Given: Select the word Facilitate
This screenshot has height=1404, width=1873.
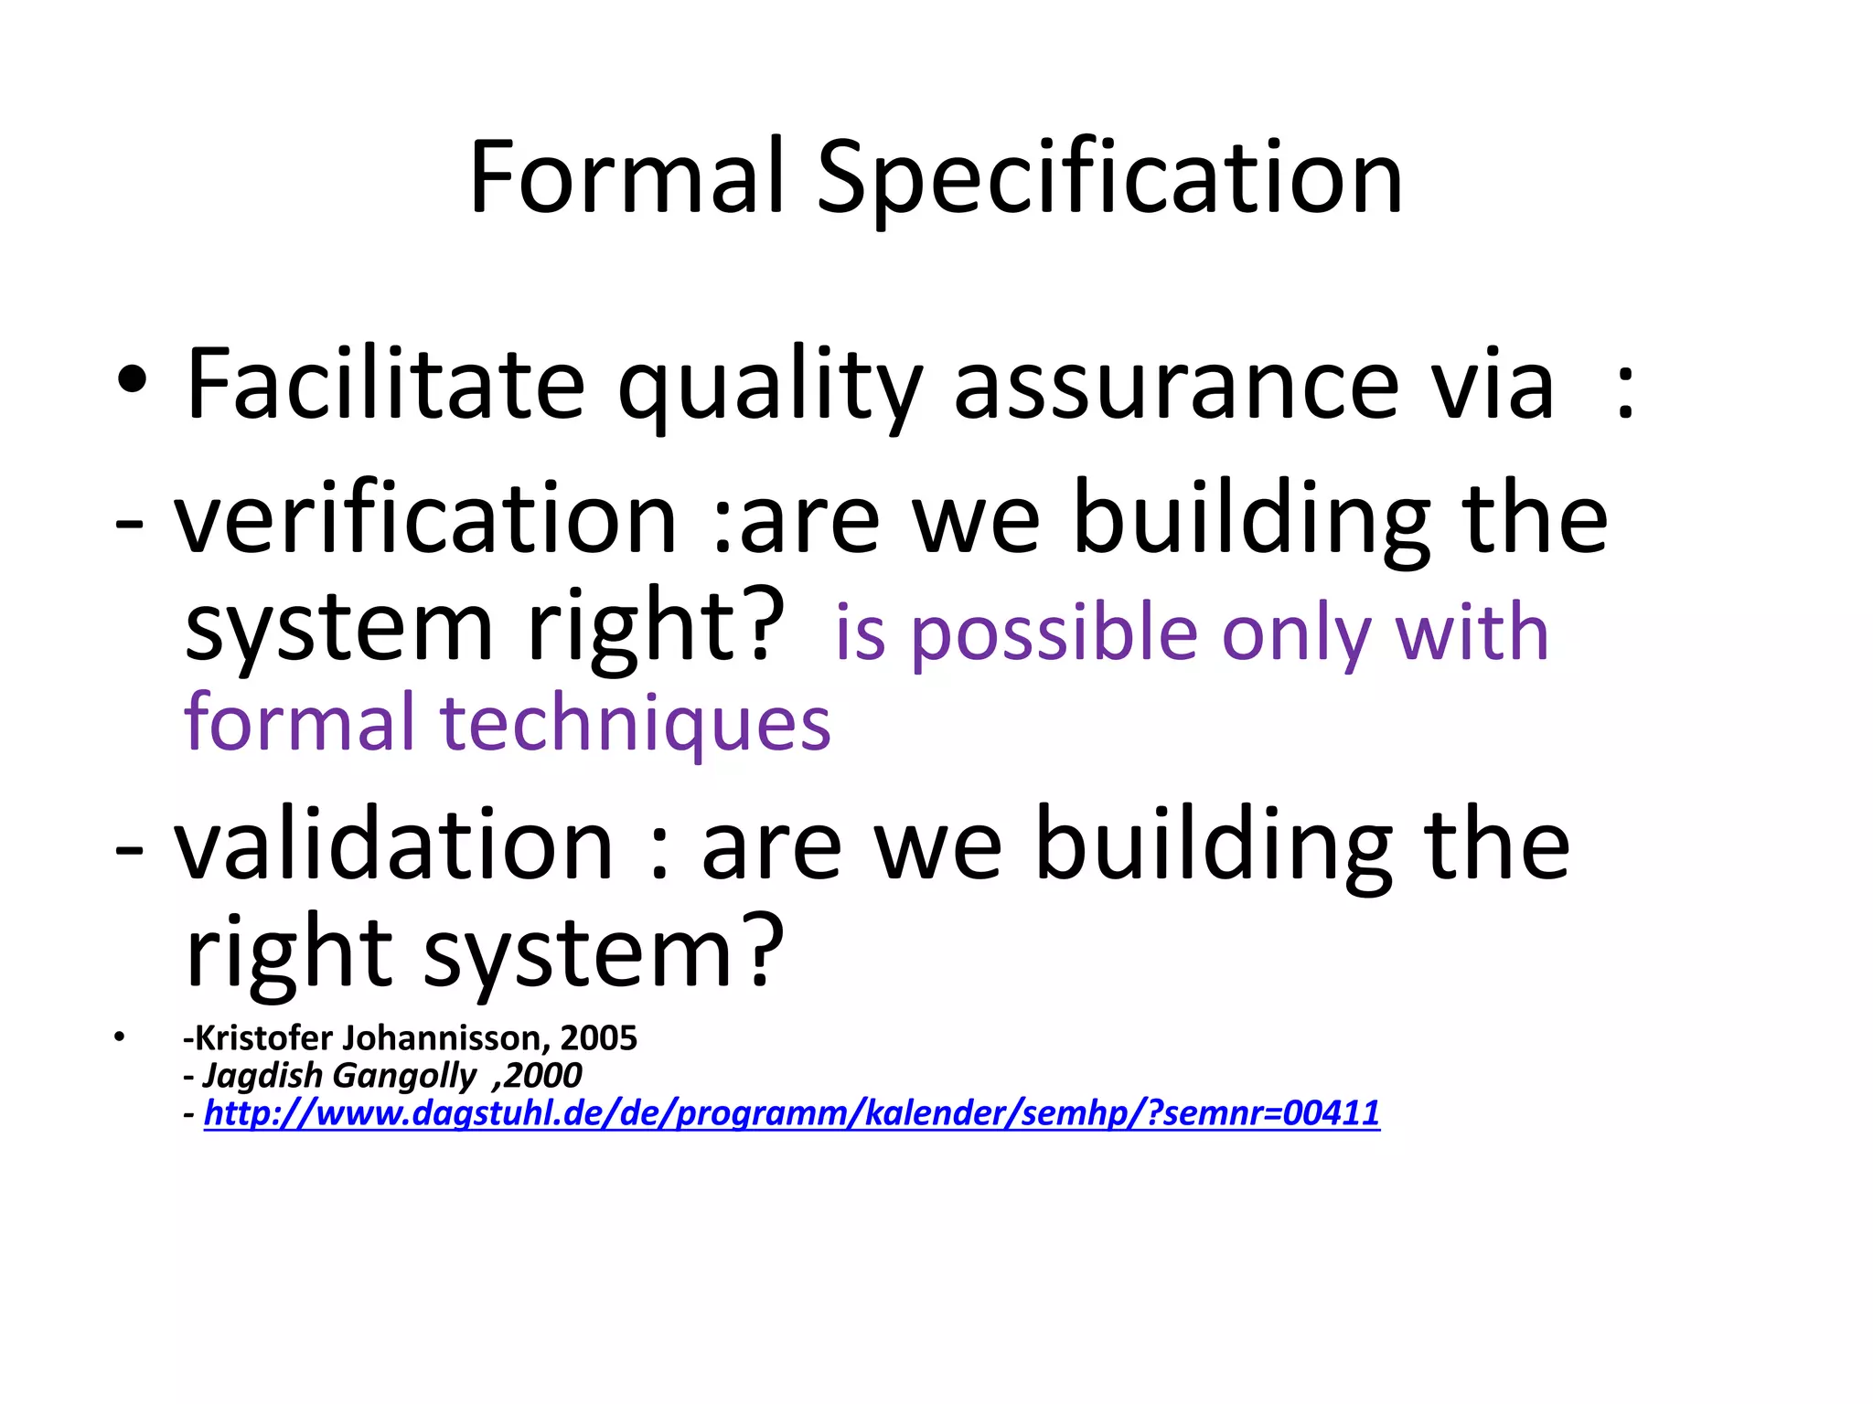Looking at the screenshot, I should pos(385,384).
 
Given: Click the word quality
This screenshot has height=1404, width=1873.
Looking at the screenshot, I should pos(769,388).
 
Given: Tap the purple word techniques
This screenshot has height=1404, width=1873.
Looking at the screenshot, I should pos(636,723).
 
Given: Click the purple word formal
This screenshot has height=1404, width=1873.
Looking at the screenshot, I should pos(300,721).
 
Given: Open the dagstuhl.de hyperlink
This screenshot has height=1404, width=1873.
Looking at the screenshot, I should pos(791,1113).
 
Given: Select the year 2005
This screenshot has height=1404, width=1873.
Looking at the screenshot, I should pos(599,1038).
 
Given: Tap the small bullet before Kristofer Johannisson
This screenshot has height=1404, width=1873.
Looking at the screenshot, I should pos(118,1038).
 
